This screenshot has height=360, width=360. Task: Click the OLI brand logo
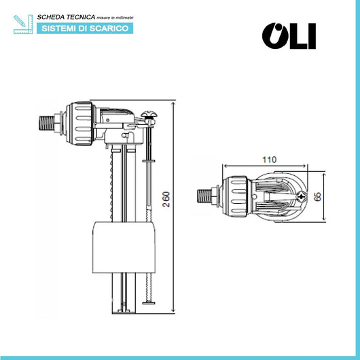pos(289,36)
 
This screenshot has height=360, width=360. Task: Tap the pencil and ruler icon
pos(23,24)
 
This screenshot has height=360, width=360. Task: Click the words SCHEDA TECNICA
pos(66,17)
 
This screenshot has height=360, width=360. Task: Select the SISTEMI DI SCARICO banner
pos(85,29)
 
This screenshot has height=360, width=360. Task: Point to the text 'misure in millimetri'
pos(115,18)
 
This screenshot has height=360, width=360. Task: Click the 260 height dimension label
pos(166,199)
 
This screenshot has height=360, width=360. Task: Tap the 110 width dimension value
pos(269,160)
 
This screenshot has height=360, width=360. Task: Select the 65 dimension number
pos(317,197)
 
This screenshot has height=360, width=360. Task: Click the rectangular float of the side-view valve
pos(124,247)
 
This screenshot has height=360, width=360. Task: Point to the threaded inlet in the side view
pos(47,124)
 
